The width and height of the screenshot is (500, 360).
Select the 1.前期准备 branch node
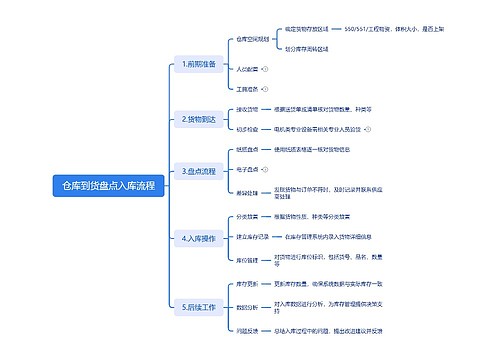pos(198,64)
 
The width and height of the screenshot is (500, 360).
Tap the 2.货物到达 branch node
pos(198,119)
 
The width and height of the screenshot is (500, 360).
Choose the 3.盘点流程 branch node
pos(198,172)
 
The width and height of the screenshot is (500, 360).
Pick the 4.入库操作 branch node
pos(198,238)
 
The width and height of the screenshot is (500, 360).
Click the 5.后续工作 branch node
pos(198,306)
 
